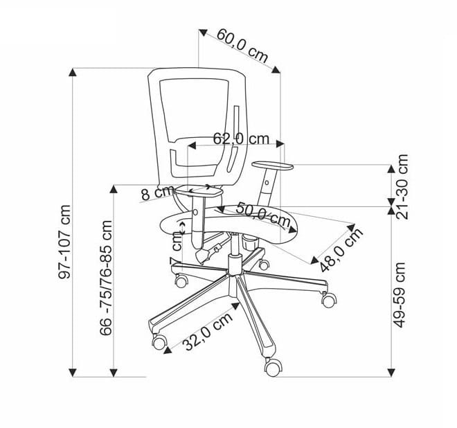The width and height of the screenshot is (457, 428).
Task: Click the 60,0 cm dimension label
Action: click(242, 44)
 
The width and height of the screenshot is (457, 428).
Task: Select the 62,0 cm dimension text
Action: click(240, 139)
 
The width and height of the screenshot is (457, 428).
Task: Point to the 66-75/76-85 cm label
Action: click(105, 278)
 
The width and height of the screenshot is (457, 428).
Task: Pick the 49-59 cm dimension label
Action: click(400, 294)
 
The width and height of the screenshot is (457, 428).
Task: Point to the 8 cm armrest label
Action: click(156, 193)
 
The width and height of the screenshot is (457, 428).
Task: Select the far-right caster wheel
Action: click(328, 299)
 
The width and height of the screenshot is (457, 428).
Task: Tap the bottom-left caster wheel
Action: click(159, 341)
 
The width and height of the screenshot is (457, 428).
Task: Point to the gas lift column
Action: click(234, 257)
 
